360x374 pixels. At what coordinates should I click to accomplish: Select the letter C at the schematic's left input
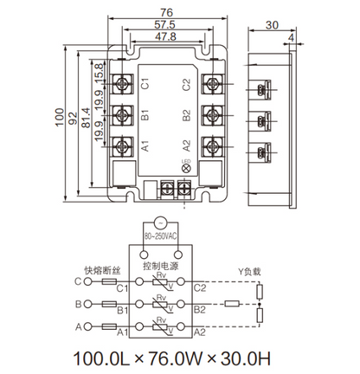(78, 281)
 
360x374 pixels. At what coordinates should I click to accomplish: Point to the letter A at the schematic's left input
(78, 327)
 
